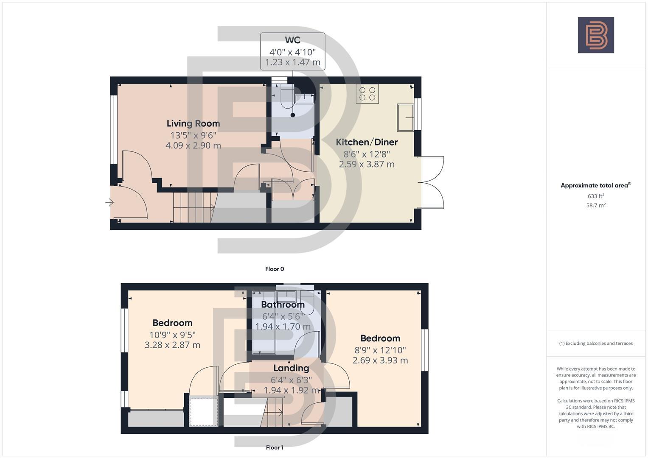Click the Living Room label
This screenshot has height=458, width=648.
(x=193, y=123)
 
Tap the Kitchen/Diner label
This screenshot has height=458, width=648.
(x=367, y=142)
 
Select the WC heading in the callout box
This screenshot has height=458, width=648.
(x=292, y=40)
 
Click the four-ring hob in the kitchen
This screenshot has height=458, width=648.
(x=367, y=94)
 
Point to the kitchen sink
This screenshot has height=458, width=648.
(x=406, y=117)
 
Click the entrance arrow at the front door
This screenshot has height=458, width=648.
(x=109, y=203)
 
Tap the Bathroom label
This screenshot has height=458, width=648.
(x=283, y=304)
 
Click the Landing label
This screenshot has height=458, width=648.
(x=291, y=368)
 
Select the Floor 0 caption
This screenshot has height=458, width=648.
(x=275, y=269)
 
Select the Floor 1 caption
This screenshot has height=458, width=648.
(x=275, y=447)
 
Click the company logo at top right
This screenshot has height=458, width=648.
(x=596, y=35)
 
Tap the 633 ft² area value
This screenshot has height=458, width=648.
(x=596, y=196)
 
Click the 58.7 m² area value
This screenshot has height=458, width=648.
(x=596, y=205)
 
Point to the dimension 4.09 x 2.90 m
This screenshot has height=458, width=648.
(x=193, y=145)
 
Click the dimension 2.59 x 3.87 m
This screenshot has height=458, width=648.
(x=367, y=164)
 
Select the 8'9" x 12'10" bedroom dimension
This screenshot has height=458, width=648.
(x=380, y=350)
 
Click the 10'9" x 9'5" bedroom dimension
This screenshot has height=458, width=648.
(x=172, y=334)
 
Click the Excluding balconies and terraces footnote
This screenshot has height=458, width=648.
(x=596, y=343)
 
